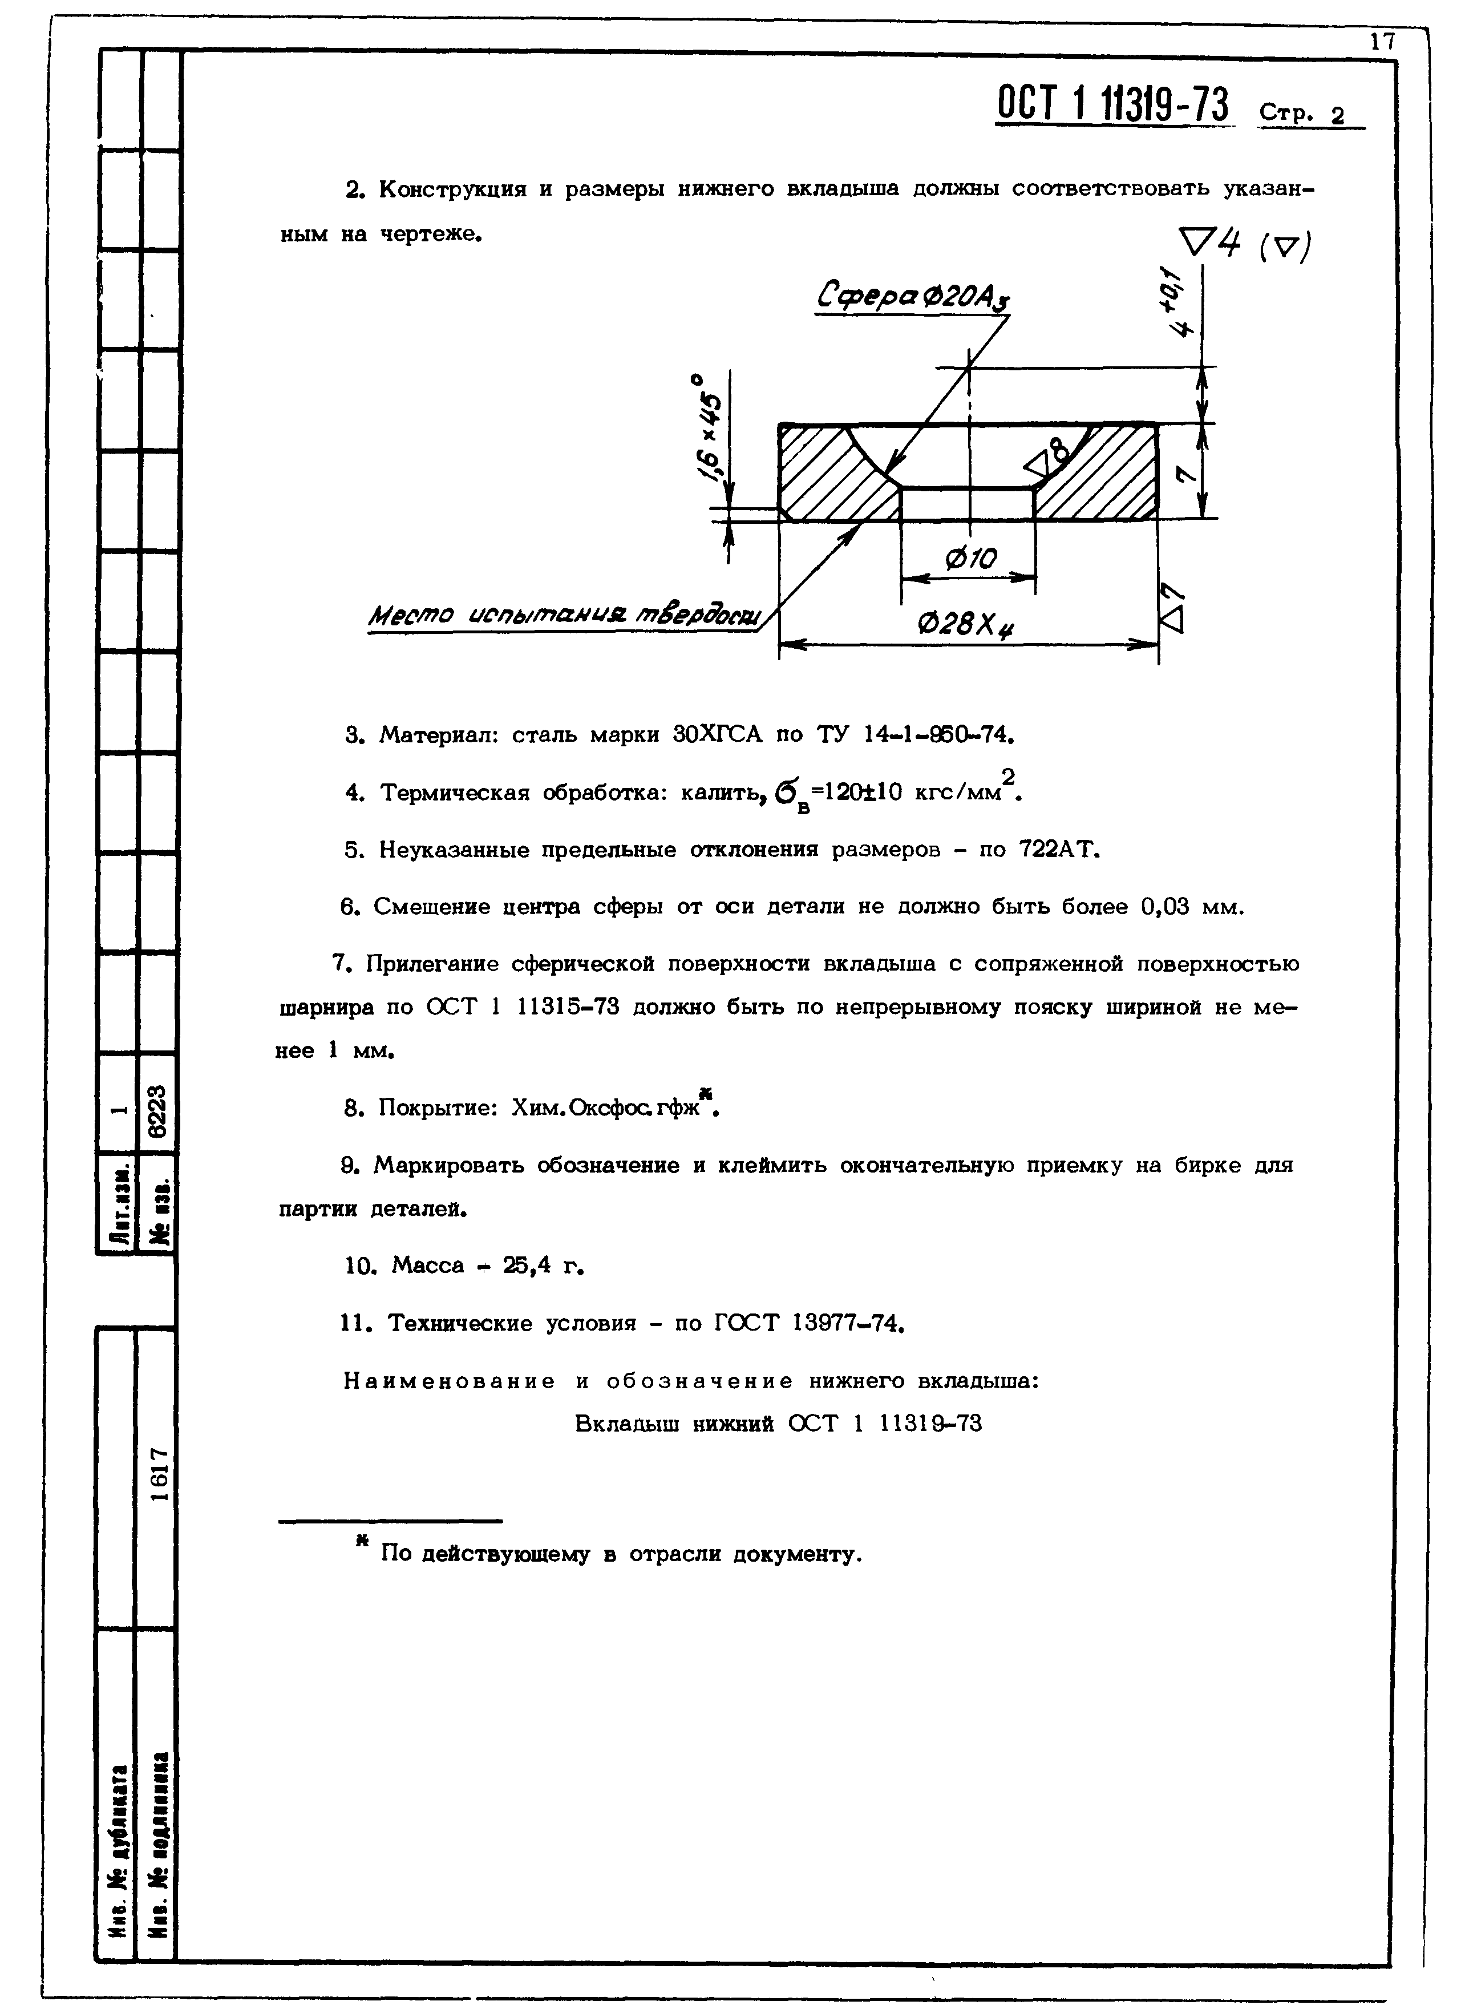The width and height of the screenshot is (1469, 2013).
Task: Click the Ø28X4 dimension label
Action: coord(966,626)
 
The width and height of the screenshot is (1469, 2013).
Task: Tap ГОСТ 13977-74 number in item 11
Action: coord(845,1323)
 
